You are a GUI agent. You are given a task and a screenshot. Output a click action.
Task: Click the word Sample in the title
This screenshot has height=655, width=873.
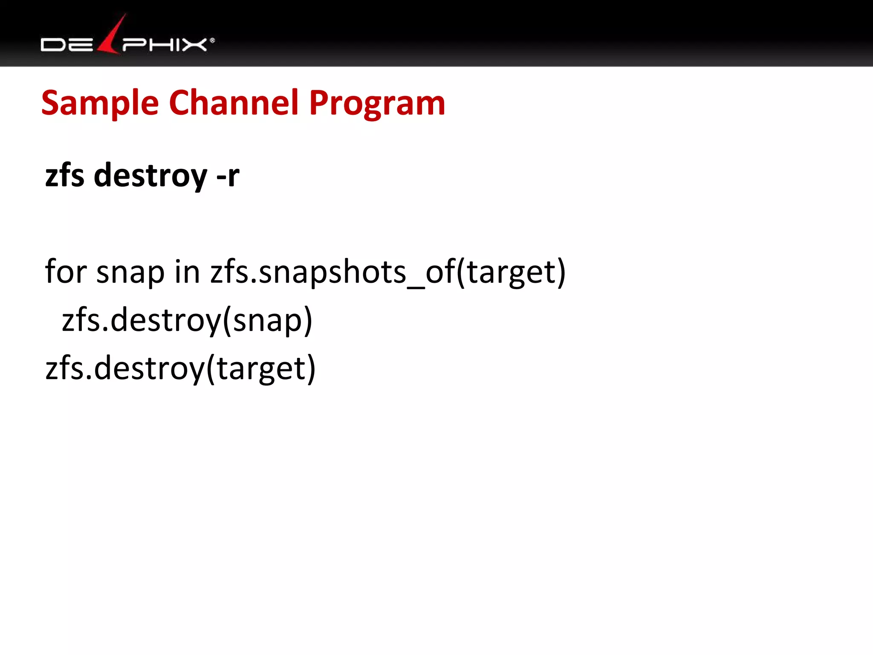[x=100, y=103]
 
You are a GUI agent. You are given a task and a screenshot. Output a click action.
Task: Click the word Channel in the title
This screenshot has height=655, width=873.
[x=234, y=103]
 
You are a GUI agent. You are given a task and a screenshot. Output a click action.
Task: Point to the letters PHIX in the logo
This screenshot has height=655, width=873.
[x=165, y=45]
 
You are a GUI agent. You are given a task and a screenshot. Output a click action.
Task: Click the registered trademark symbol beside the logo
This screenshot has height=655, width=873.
[x=212, y=41]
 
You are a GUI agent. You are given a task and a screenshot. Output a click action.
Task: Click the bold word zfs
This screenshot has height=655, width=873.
[x=64, y=175]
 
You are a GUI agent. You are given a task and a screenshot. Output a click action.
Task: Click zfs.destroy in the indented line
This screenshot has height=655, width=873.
[x=140, y=320]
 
